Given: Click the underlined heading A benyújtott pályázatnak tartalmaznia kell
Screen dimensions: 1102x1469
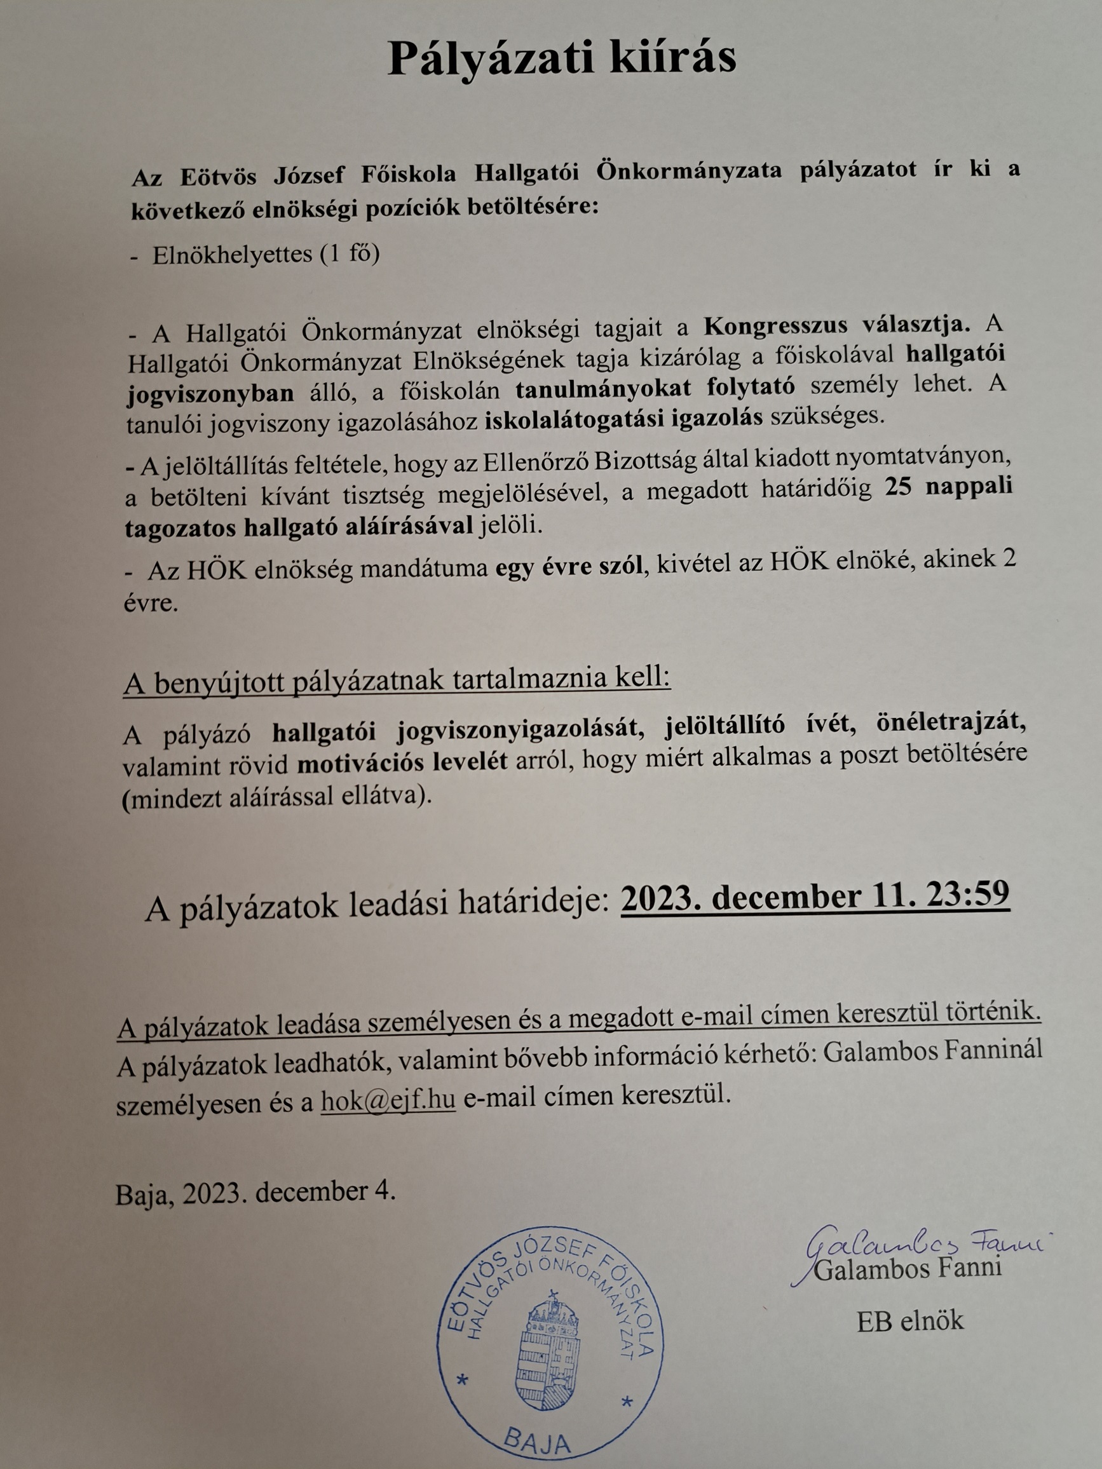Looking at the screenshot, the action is [397, 682].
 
